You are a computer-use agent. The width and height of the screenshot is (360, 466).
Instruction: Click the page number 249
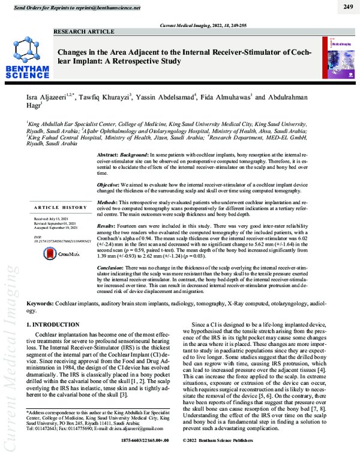[x=348, y=7]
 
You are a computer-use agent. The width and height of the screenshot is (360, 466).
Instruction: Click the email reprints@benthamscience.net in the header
[x=111, y=8]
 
